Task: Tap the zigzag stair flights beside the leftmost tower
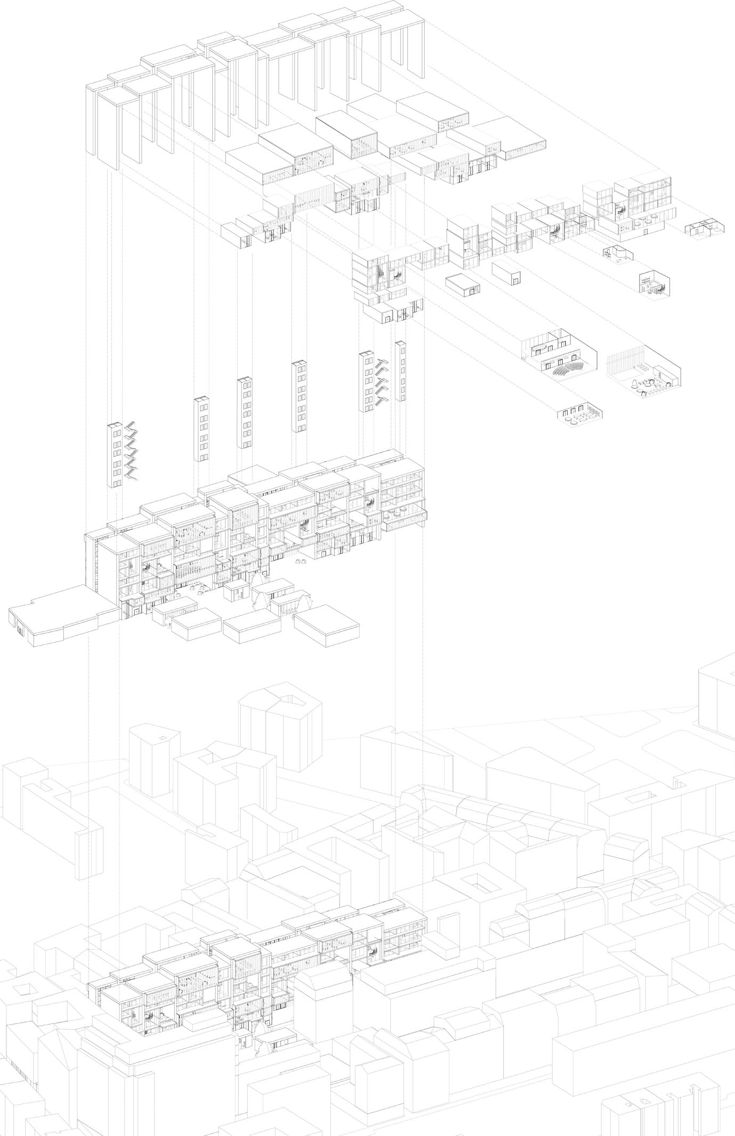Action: (x=131, y=451)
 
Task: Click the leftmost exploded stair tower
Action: (x=115, y=455)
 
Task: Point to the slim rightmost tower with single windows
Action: (x=400, y=371)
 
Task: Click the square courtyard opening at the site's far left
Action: (x=21, y=989)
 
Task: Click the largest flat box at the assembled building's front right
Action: (x=326, y=627)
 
